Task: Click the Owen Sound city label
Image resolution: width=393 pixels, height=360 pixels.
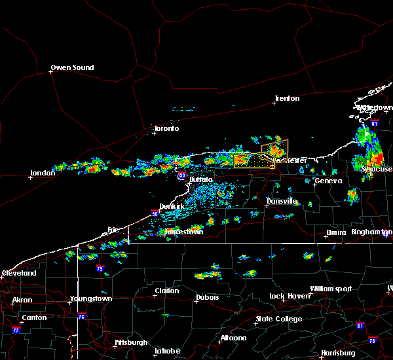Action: [x=73, y=67]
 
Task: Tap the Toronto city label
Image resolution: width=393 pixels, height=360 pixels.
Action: [x=166, y=128]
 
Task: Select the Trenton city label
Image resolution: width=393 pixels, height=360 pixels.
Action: [x=287, y=98]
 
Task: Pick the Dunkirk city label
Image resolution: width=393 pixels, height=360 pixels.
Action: [x=172, y=206]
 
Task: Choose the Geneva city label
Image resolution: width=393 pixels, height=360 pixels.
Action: [x=328, y=181]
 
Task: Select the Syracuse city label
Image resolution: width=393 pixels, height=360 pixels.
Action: [x=377, y=168]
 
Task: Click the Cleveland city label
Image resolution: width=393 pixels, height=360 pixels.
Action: [x=18, y=272]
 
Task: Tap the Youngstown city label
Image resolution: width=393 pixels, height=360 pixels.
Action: [x=91, y=298]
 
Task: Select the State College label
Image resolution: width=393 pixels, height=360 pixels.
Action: [x=279, y=319]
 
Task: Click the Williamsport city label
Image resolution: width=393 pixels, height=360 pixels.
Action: [x=331, y=289]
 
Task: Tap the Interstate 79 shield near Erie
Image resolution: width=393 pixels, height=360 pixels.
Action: [x=100, y=268]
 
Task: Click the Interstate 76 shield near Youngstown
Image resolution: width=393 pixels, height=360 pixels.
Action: [x=81, y=317]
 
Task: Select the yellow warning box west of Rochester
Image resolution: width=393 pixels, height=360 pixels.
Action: [x=253, y=161]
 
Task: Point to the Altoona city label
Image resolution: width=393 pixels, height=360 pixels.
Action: [x=233, y=338]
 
